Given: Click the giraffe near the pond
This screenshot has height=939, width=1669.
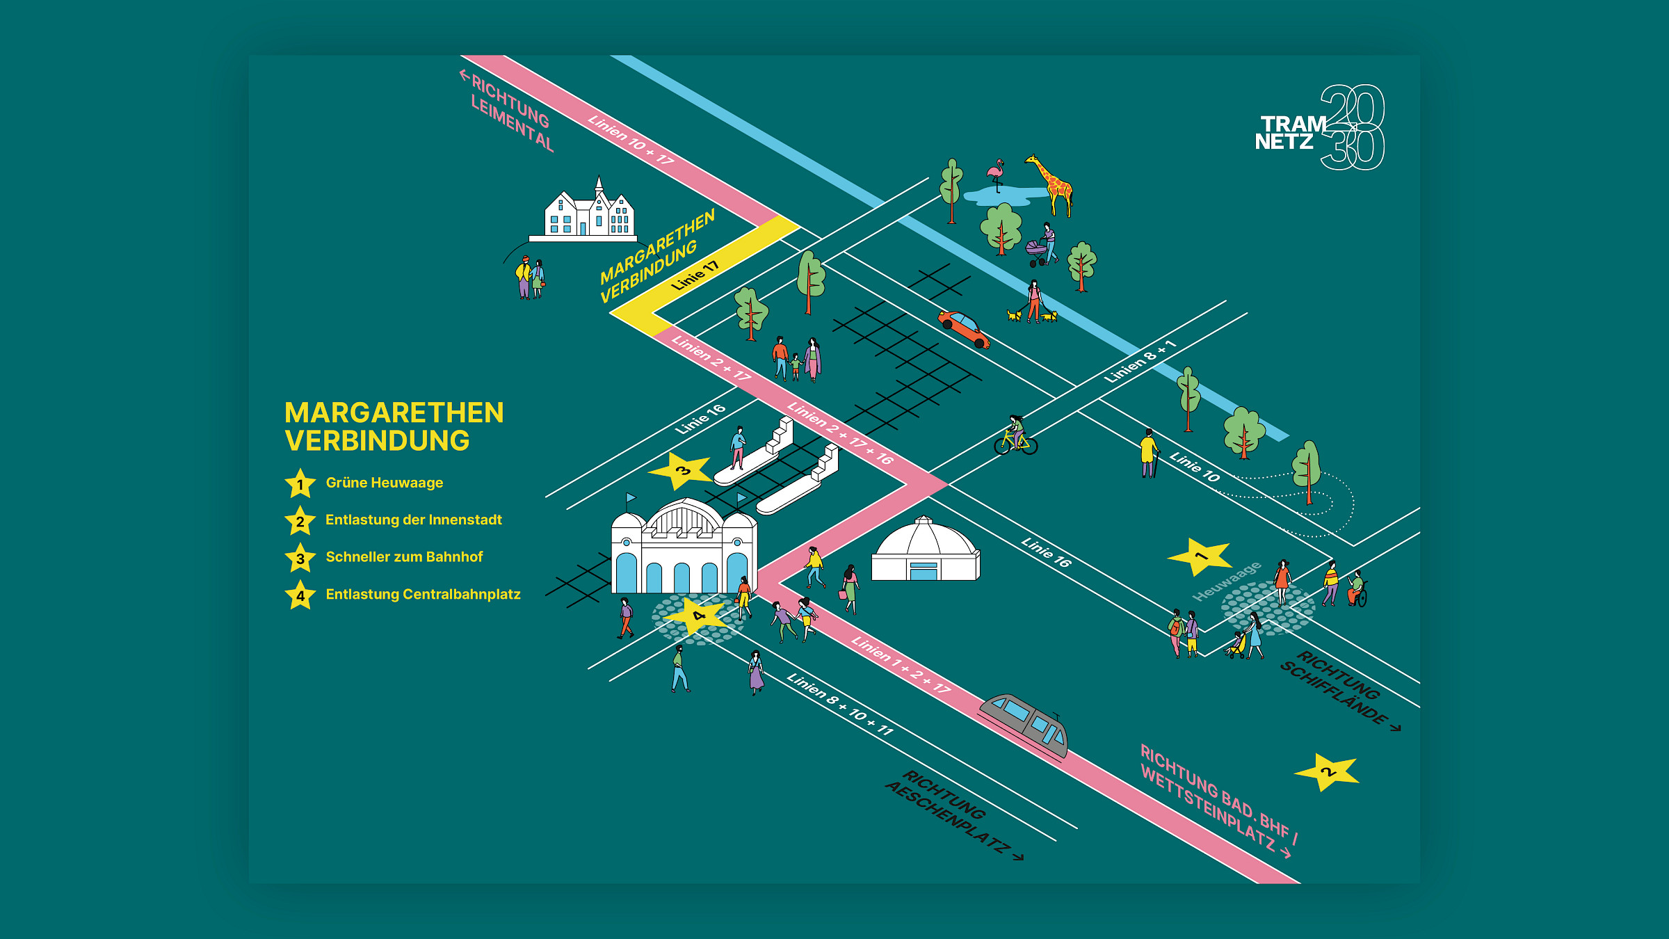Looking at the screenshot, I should point(1052,184).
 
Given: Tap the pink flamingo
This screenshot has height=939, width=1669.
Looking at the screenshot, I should point(997,174).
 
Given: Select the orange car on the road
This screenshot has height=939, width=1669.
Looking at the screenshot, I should point(963,328).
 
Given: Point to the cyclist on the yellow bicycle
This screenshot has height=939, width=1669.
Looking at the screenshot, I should point(1016,435).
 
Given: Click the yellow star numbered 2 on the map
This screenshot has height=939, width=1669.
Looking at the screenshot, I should point(1327,771).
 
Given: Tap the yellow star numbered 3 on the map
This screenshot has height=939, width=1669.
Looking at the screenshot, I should point(682,470).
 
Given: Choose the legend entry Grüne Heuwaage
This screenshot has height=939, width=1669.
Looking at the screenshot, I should point(384,483).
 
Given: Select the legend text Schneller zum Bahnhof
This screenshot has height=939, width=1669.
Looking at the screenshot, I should point(403,557).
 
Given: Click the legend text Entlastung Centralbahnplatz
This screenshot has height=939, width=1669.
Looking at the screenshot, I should point(423,595).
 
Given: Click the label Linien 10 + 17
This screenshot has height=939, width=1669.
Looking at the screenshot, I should point(631,139).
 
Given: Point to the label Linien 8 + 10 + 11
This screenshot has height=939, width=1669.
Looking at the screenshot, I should point(839,704).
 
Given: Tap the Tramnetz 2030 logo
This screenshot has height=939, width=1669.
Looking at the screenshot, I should point(1319,128).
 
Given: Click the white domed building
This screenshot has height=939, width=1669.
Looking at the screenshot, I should point(925,551).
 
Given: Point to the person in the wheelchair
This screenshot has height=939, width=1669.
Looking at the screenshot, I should point(1356,589).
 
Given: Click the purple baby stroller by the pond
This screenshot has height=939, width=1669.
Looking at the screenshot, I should point(1037,251).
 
